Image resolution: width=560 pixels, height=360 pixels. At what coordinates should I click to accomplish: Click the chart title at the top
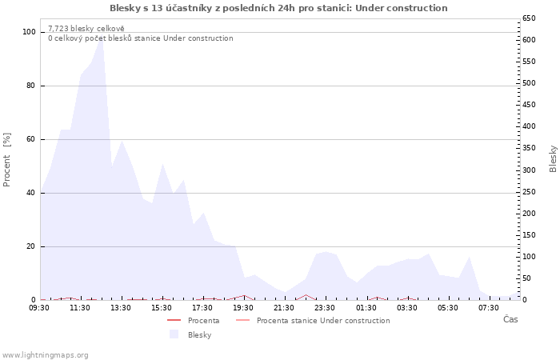(x=278, y=8)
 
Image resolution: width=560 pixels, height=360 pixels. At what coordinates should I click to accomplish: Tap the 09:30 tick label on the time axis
(x=39, y=307)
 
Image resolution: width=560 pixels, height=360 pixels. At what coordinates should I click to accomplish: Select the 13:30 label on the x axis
(x=121, y=307)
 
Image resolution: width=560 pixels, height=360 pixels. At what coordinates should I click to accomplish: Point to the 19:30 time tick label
(x=243, y=307)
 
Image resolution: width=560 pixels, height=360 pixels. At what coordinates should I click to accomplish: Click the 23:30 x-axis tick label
(x=325, y=307)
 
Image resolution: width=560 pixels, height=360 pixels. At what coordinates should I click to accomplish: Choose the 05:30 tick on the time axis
(x=448, y=307)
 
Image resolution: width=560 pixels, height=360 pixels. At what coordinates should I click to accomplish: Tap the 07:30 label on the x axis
(x=489, y=307)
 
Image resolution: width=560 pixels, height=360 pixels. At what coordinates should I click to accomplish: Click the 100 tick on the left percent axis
(x=30, y=32)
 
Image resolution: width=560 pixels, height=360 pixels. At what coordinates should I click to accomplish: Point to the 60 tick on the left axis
(x=31, y=139)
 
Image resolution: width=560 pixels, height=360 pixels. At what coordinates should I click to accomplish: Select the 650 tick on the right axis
(x=529, y=18)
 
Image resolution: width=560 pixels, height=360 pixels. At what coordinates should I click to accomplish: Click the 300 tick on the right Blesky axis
(x=529, y=170)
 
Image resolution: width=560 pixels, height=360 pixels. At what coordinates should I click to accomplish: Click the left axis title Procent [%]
(x=7, y=160)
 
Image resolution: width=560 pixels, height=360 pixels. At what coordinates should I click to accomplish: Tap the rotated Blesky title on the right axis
(x=553, y=158)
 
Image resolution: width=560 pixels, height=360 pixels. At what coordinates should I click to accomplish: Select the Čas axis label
(x=510, y=319)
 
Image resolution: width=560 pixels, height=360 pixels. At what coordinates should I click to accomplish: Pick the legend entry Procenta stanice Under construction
(x=323, y=321)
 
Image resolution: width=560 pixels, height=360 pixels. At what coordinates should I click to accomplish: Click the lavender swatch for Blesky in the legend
(x=174, y=334)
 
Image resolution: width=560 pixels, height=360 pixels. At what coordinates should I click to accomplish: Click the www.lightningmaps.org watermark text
(x=45, y=355)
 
